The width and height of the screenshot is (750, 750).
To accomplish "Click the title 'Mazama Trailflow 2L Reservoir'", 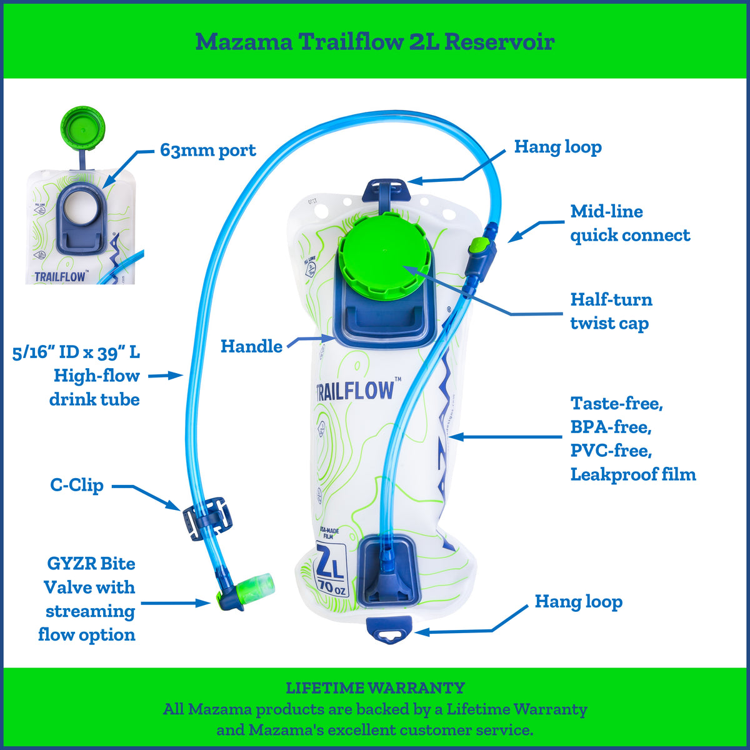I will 375,42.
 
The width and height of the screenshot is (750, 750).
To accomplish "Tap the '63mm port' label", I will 208,151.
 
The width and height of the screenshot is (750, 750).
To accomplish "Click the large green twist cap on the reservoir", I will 382,252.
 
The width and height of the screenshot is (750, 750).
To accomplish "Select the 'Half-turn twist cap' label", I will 611,311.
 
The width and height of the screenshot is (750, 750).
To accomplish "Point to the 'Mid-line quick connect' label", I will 629,223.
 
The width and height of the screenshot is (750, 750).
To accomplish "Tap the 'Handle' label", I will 251,346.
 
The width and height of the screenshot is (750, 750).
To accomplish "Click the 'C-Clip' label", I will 77,485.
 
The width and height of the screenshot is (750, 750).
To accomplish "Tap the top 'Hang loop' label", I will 557,147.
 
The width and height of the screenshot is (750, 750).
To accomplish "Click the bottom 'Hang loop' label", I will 578,602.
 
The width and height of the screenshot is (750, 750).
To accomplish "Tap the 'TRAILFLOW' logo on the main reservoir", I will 355,390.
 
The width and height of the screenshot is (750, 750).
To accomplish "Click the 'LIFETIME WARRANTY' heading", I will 375,688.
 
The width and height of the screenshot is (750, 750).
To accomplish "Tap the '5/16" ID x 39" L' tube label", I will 76,352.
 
